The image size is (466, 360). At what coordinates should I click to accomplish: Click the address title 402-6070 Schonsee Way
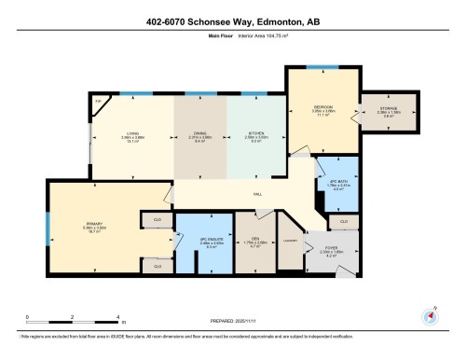232,21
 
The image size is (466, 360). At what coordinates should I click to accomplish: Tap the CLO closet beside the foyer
343,221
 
